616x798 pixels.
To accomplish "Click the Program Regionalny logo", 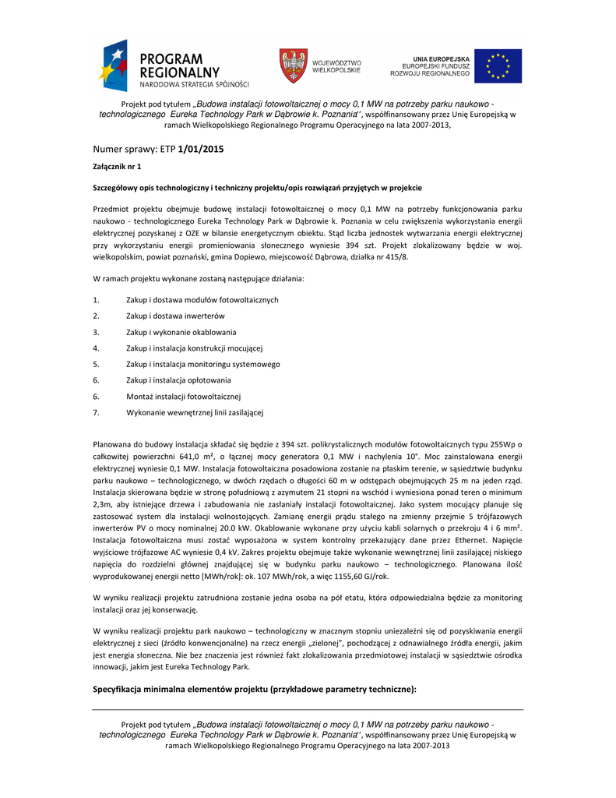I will pyautogui.click(x=173, y=66).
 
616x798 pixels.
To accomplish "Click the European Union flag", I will pyautogui.click(x=498, y=66).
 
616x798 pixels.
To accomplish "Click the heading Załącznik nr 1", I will pyautogui.click(x=117, y=167).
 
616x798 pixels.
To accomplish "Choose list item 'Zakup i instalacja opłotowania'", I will pyautogui.click(x=178, y=380).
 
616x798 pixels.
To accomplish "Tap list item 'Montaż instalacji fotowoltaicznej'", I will pyautogui.click(x=184, y=396).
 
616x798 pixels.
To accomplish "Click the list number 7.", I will pyautogui.click(x=95, y=411).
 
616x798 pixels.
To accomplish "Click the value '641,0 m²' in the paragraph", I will pyautogui.click(x=197, y=456).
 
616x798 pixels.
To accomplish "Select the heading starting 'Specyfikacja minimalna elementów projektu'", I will pyautogui.click(x=255, y=689).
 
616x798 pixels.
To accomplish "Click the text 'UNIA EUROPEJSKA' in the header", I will pyautogui.click(x=441, y=58).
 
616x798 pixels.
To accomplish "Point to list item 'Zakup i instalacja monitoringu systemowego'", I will pyautogui.click(x=202, y=364).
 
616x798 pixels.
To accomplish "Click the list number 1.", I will pyautogui.click(x=95, y=300).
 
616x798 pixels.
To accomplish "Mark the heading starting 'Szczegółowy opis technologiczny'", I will pyautogui.click(x=258, y=188).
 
